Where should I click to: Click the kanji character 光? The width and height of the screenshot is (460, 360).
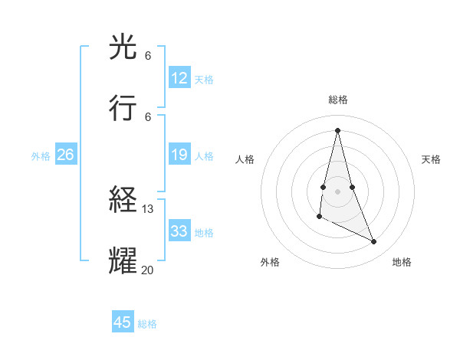(123, 48)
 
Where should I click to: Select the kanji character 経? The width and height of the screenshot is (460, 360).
(123, 201)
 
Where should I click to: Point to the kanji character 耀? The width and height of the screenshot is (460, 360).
(123, 260)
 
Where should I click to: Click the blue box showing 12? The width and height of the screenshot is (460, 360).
(179, 78)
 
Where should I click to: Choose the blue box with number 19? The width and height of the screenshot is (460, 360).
(179, 155)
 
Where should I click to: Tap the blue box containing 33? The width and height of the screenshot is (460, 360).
(179, 231)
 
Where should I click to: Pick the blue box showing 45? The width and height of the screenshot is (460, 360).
(123, 322)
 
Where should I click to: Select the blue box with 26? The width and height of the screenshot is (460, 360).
(65, 155)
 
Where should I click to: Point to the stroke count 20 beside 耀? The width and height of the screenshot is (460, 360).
(148, 269)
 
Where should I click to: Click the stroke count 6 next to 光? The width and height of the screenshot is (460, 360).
(148, 57)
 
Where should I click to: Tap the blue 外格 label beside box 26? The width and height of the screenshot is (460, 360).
(41, 155)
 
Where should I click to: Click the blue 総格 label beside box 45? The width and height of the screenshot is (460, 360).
(147, 323)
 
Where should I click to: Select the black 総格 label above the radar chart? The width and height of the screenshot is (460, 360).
(338, 100)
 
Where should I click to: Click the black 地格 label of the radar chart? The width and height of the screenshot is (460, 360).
(402, 262)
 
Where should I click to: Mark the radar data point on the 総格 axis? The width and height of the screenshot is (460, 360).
(338, 129)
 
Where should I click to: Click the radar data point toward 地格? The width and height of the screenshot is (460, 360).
(374, 242)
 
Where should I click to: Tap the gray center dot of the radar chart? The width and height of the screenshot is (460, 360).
(338, 191)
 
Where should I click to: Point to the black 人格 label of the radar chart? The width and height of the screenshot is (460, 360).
(245, 159)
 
